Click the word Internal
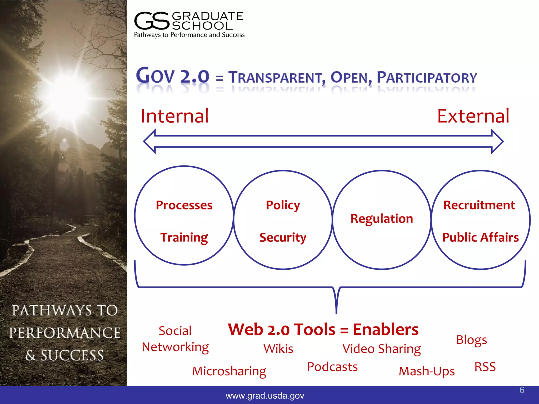[175, 116]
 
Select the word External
[473, 116]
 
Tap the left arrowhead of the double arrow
[149, 142]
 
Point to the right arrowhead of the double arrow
[497, 142]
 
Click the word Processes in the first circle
[184, 205]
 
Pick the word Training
[184, 238]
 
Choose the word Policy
[283, 205]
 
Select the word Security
[283, 238]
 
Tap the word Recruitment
[479, 205]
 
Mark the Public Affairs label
[480, 238]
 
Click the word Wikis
[278, 349]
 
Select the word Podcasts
[332, 367]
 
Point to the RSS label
[485, 367]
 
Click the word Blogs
[471, 340]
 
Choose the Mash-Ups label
[427, 371]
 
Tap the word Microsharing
[229, 371]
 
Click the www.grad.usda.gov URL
[265, 396]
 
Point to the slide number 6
[522, 390]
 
